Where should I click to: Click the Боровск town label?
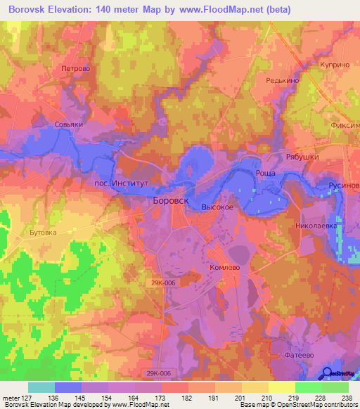[x=171, y=200]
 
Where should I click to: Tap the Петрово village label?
[x=76, y=69]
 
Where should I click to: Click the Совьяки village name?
[x=69, y=124]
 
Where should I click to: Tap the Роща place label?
[x=264, y=173]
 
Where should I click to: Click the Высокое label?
[x=217, y=208]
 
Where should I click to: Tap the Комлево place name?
[x=226, y=268]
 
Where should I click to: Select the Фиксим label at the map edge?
[x=345, y=125]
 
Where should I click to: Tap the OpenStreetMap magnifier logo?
[x=328, y=374]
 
